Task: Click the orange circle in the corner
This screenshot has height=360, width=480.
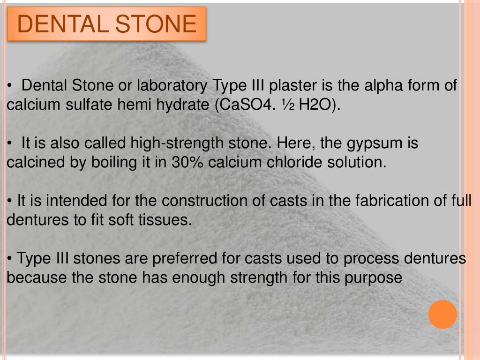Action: pos(442,314)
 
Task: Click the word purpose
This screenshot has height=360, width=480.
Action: pos(374,277)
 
